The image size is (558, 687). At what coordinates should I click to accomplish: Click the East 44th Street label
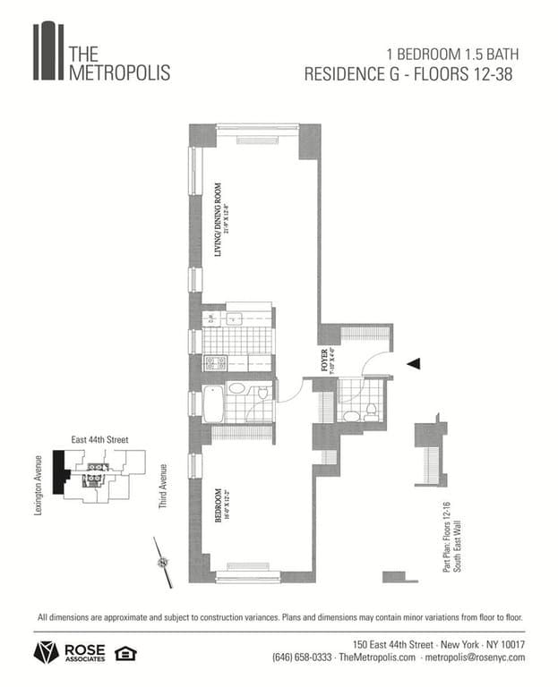(100, 440)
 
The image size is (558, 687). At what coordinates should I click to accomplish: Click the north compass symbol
(163, 562)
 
